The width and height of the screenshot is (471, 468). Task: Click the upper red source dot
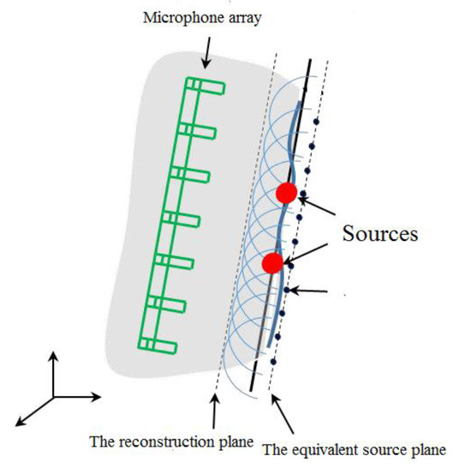pyautogui.click(x=287, y=193)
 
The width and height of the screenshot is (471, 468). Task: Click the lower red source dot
pyautogui.click(x=272, y=263)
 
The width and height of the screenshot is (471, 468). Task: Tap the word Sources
pyautogui.click(x=380, y=232)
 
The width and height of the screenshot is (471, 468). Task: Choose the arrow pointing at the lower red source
pyautogui.click(x=309, y=255)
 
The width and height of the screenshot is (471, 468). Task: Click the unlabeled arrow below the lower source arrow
pyautogui.click(x=312, y=292)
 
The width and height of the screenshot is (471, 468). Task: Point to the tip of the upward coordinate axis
pyautogui.click(x=53, y=352)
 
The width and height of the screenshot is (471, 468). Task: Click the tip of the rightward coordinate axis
pyautogui.click(x=100, y=396)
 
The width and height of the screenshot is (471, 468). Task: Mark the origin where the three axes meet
pyautogui.click(x=53, y=396)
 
